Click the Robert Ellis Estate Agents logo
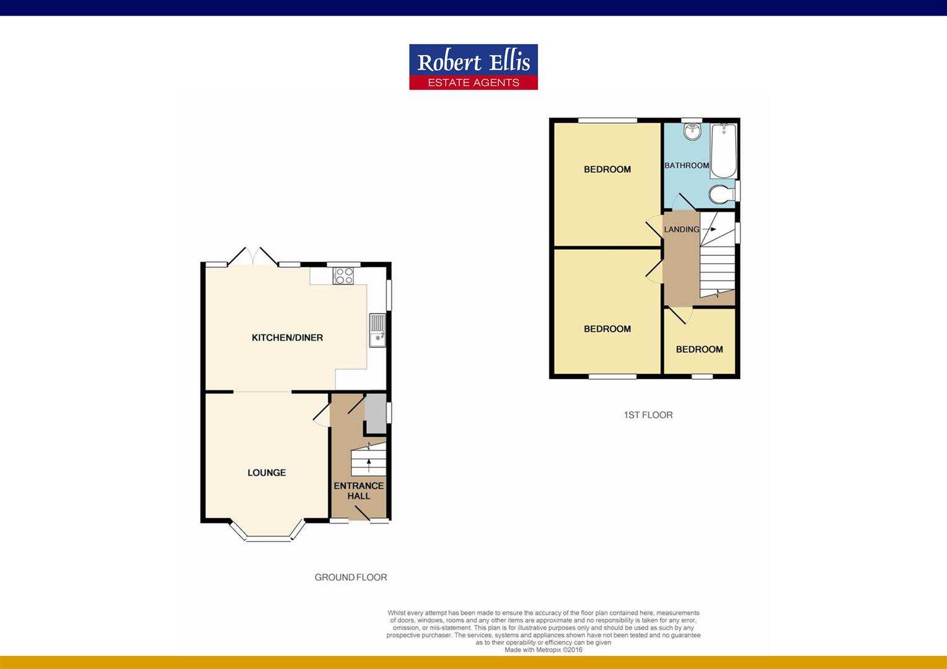pyautogui.click(x=474, y=67)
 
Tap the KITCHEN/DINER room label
pyautogui.click(x=287, y=338)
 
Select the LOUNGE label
pyautogui.click(x=266, y=473)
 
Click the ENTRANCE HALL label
pyautogui.click(x=359, y=491)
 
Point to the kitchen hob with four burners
pyautogui.click(x=343, y=276)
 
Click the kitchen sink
pyautogui.click(x=377, y=330)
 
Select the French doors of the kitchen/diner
pyautogui.click(x=253, y=257)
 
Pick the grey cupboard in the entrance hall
pyautogui.click(x=374, y=414)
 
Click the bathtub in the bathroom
pyautogui.click(x=723, y=151)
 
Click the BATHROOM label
pyautogui.click(x=687, y=165)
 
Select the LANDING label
pyautogui.click(x=682, y=229)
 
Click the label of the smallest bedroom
pyautogui.click(x=699, y=349)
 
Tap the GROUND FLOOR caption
pyautogui.click(x=351, y=577)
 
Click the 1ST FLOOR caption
pyautogui.click(x=648, y=415)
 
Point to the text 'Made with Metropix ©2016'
pyautogui.click(x=544, y=650)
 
